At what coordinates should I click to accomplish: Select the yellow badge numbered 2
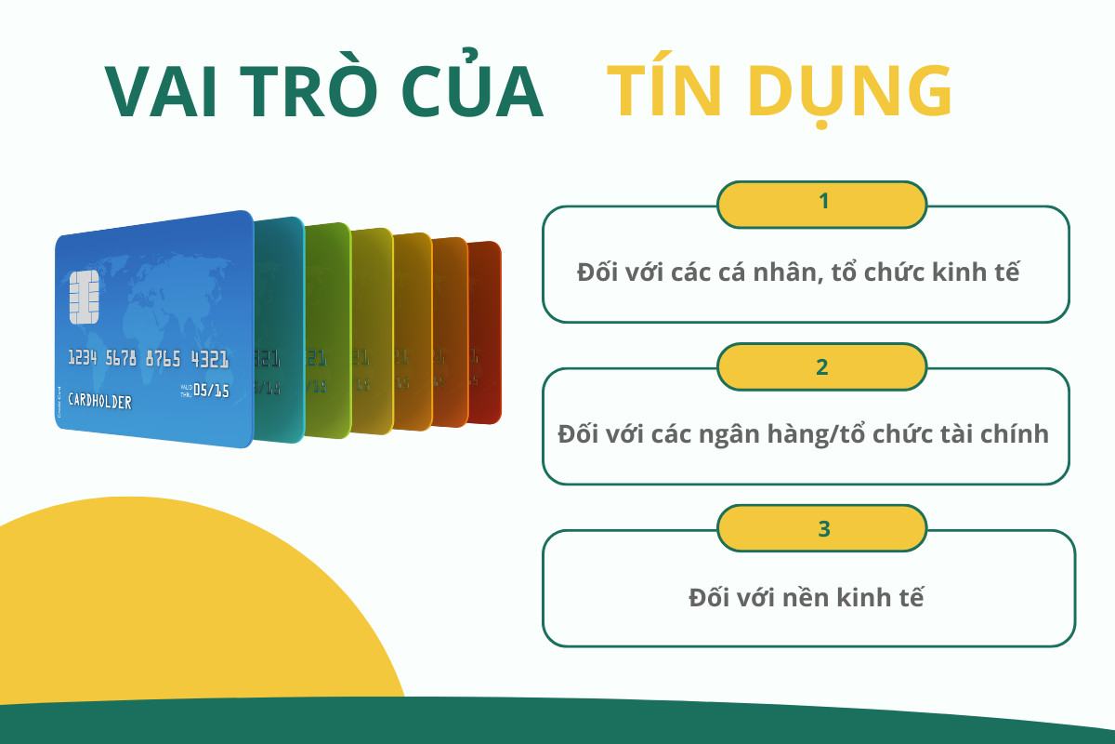point(822,366)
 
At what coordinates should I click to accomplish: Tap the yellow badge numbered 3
point(822,528)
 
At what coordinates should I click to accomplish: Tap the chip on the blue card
point(85,297)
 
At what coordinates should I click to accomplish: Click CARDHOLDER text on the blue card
point(100,402)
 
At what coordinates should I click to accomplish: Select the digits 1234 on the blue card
point(83,358)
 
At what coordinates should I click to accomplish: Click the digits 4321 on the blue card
point(210,359)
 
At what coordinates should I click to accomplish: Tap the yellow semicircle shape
point(186,614)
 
